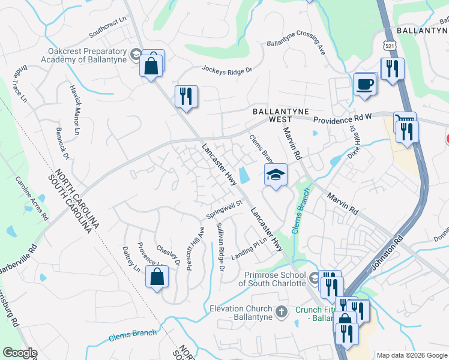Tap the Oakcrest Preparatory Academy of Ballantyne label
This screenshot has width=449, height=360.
pyautogui.click(x=84, y=56)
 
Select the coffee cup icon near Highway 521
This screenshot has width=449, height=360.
pyautogui.click(x=364, y=84)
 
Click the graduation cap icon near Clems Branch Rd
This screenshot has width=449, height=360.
pyautogui.click(x=276, y=175)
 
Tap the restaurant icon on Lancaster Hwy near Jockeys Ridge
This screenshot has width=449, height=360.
pyautogui.click(x=186, y=96)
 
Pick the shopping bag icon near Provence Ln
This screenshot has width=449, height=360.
pyautogui.click(x=157, y=277)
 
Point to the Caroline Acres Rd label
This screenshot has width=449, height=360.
pyautogui.click(x=31, y=198)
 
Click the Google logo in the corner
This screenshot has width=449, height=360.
pyautogui.click(x=20, y=353)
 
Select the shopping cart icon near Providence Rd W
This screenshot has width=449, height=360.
pyautogui.click(x=403, y=121)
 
